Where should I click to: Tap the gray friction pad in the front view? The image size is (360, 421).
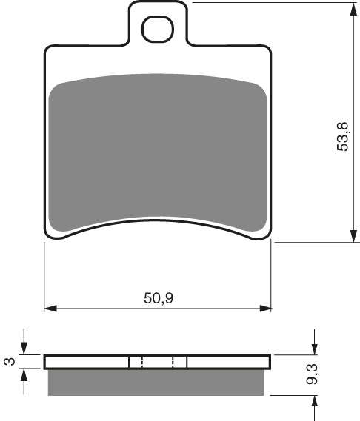pos(157,152)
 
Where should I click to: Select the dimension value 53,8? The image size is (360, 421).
pos(341,136)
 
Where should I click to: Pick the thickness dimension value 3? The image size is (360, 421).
pos(9,361)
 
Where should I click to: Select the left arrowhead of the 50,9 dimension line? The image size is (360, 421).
pos(50,308)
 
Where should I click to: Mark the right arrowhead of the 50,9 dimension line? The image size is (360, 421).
pos(267,308)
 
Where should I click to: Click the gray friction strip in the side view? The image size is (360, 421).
pos(157,381)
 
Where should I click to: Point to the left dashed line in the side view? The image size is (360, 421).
pos(141,362)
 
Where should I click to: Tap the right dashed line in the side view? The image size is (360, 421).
pos(173,362)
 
